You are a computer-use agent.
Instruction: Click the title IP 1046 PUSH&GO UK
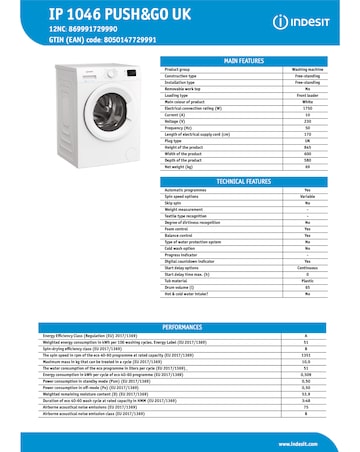coord(88,13)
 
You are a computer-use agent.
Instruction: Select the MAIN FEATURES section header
coord(243,61)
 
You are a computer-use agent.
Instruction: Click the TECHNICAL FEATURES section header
coord(243,182)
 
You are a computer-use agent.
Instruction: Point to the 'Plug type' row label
coord(181,141)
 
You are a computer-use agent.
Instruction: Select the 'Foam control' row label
coord(181,228)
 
